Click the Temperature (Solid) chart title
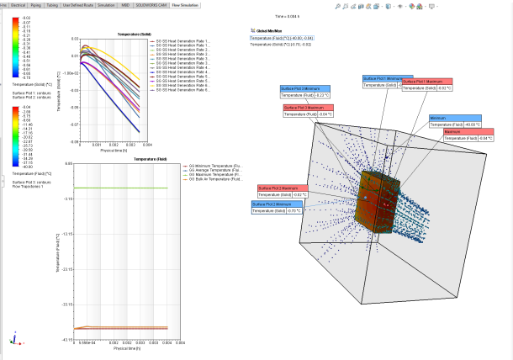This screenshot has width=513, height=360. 108,35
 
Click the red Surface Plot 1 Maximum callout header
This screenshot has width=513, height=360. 426,82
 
